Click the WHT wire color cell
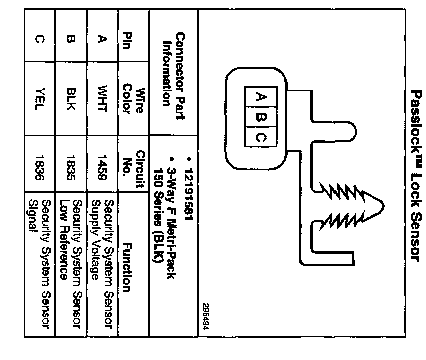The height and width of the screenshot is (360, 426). tap(102, 100)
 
